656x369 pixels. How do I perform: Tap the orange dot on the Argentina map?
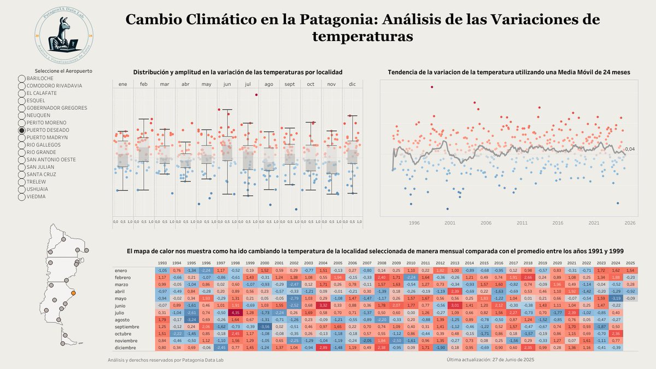coord(74,294)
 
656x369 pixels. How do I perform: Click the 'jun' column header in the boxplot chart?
coord(227,84)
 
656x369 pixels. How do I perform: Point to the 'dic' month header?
coord(353,84)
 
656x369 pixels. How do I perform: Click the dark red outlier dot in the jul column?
coord(256,95)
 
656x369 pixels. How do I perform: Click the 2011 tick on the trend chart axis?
coord(522,223)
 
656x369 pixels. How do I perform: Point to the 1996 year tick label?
coord(414,223)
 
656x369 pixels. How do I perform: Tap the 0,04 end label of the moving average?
coord(630,149)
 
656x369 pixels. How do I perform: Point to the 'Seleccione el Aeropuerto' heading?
coord(63,71)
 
